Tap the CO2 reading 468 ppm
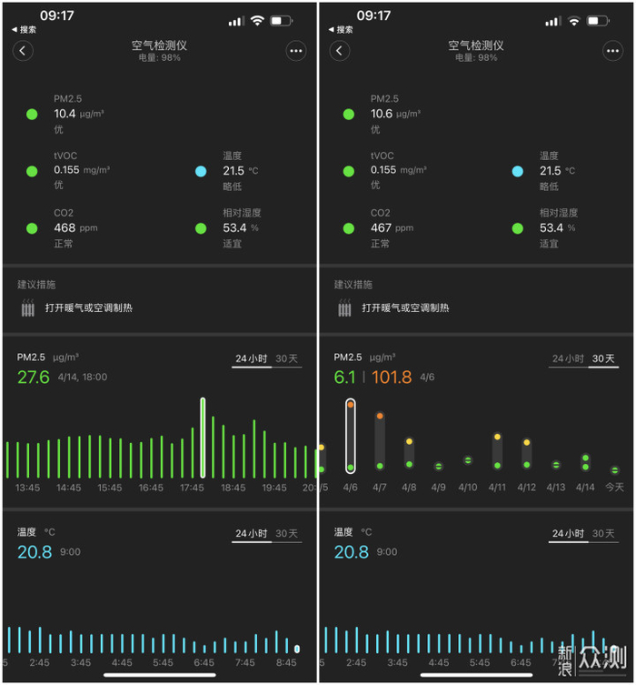[75, 228]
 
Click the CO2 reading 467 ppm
[392, 228]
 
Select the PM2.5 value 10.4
[65, 114]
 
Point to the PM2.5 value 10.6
[382, 114]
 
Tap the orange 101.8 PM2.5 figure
[392, 377]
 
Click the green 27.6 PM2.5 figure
[34, 377]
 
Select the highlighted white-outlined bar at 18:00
[203, 438]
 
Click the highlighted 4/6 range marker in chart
[351, 436]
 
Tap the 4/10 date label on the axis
[468, 487]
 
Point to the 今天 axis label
[614, 487]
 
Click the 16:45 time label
[151, 488]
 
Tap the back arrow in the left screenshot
[23, 51]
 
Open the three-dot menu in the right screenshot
[613, 51]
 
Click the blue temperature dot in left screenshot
[201, 171]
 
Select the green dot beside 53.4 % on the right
[517, 228]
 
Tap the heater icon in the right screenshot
[344, 307]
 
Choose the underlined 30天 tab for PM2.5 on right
[603, 358]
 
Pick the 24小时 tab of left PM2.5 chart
[252, 358]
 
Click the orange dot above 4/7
[380, 416]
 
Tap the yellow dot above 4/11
[497, 437]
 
